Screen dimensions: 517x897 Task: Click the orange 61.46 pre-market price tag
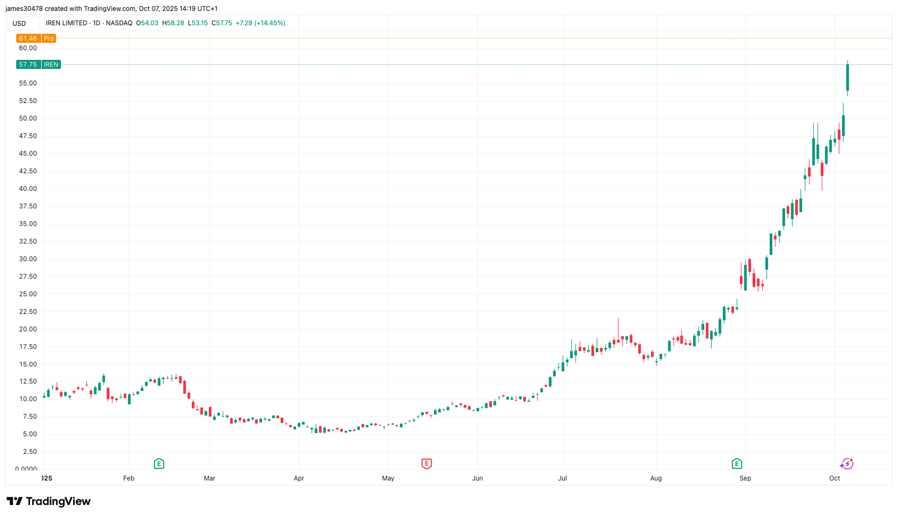tap(36, 38)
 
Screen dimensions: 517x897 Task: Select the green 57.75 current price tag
tap(38, 65)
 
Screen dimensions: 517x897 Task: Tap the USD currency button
tap(19, 23)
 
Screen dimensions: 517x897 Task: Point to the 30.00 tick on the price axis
tap(28, 259)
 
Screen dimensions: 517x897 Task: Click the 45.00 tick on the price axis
tap(28, 154)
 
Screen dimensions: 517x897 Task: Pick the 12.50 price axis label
tap(28, 382)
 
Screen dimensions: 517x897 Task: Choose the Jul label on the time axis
tap(562, 478)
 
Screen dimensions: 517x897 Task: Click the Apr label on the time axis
tap(299, 478)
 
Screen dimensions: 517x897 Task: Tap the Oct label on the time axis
tap(834, 478)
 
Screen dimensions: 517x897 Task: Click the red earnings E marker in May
tap(426, 463)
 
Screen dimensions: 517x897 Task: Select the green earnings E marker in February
tap(159, 463)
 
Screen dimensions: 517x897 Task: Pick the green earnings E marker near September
tap(737, 463)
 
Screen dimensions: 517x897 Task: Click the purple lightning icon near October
tap(847, 463)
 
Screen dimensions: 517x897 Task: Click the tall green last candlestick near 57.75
tap(847, 78)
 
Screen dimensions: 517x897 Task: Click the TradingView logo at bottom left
tap(48, 501)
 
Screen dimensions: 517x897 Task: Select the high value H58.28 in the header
tap(173, 23)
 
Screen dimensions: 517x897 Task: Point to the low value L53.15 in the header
tap(198, 23)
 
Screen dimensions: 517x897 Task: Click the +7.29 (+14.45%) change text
tap(260, 23)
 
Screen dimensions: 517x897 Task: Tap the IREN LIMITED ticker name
tap(66, 23)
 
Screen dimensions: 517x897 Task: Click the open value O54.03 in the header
tap(147, 23)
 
